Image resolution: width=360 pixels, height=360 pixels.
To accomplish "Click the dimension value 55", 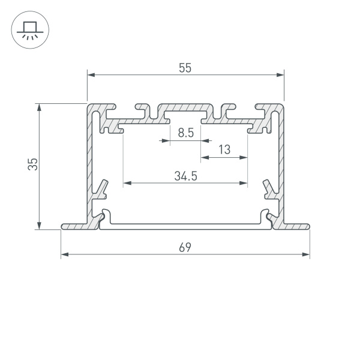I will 185,68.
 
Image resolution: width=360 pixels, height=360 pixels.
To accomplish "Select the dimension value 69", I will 185,247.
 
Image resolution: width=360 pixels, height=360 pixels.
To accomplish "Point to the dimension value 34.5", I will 186,176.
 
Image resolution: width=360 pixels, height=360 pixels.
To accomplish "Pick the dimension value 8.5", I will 185,134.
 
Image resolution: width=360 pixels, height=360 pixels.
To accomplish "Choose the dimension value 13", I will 224,150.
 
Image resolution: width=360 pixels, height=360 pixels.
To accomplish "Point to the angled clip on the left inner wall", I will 103,188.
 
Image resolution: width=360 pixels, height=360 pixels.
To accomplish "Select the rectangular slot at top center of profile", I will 185,113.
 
